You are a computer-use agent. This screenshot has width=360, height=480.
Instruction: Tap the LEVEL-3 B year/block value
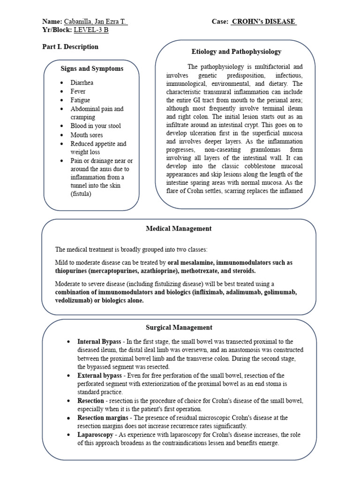pyautogui.click(x=94, y=30)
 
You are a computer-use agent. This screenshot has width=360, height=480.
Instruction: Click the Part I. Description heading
pyautogui.click(x=70, y=47)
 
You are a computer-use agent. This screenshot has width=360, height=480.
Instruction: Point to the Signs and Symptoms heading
pyautogui.click(x=92, y=68)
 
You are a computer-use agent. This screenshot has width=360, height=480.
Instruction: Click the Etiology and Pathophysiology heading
pyautogui.click(x=237, y=52)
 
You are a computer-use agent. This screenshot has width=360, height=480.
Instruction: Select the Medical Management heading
pyautogui.click(x=179, y=229)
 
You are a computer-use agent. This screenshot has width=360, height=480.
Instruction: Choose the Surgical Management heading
pyautogui.click(x=179, y=328)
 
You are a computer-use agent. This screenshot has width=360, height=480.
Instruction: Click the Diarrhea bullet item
pyautogui.click(x=82, y=82)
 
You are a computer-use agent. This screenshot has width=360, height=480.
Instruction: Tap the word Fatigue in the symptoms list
pyautogui.click(x=80, y=100)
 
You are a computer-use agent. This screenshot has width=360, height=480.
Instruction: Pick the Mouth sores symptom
pyautogui.click(x=86, y=135)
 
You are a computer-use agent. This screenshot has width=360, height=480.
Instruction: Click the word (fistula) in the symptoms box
pyautogui.click(x=82, y=194)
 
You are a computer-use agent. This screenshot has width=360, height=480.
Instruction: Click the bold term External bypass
pyautogui.click(x=99, y=376)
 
